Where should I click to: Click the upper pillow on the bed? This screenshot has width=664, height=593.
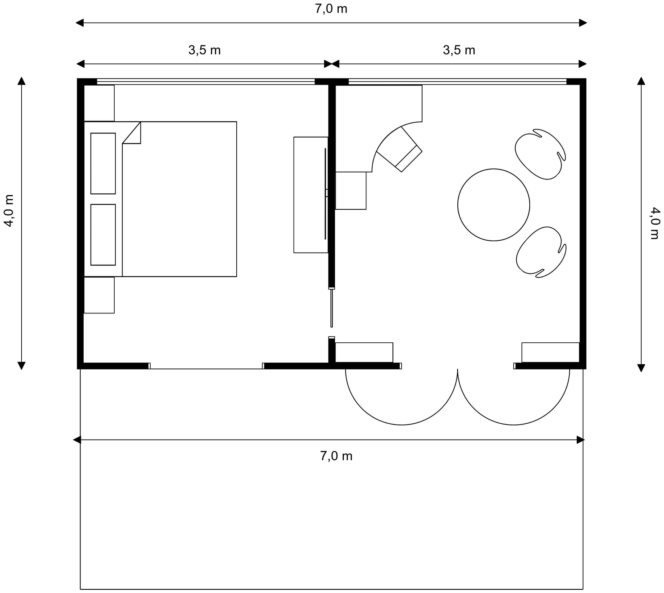point(103,163)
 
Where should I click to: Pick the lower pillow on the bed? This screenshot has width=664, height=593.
point(103,235)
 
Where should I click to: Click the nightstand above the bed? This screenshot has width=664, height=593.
point(99,103)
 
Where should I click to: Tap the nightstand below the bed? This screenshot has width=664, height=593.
point(99,295)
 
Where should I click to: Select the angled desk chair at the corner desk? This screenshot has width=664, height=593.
point(400,149)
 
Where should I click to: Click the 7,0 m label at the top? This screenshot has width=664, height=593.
point(331,9)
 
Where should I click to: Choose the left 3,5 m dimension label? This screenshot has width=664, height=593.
point(204,50)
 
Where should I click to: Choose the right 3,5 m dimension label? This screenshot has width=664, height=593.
point(459,50)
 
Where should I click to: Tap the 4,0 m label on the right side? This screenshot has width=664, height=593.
point(655,223)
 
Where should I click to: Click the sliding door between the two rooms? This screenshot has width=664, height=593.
point(332,308)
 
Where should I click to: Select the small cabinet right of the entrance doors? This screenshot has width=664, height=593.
point(551,352)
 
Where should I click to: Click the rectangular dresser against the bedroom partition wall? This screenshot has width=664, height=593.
point(311,195)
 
